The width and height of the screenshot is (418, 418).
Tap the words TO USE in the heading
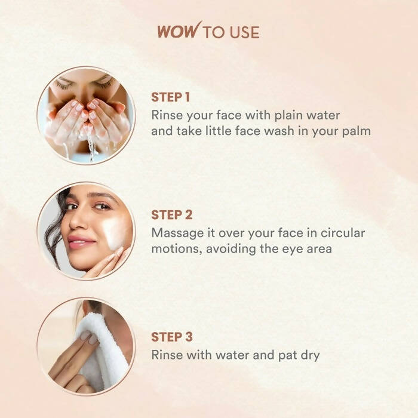coord(231,32)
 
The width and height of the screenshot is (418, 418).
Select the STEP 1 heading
coord(171,97)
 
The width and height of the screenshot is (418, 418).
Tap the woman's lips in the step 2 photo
coord(81,242)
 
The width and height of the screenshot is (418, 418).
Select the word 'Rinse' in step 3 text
coord(167,355)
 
